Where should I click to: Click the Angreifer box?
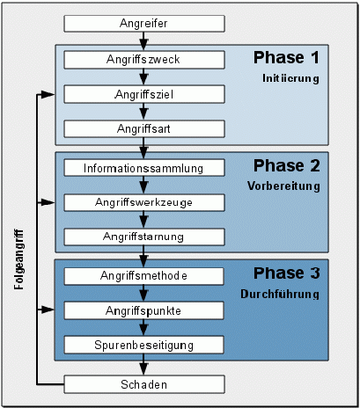tap(144, 24)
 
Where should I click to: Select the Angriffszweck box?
tap(144, 60)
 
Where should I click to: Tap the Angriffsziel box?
tap(144, 94)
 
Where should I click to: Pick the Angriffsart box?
tap(144, 128)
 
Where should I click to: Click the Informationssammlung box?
tap(144, 168)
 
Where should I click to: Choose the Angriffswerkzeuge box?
tap(144, 202)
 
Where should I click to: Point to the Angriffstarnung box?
tap(144, 237)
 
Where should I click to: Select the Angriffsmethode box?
tap(143, 276)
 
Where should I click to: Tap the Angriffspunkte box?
tap(143, 310)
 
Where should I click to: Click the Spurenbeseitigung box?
tap(143, 345)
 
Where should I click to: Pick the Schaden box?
tap(144, 384)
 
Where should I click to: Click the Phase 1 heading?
tap(286, 57)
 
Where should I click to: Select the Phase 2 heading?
tap(287, 165)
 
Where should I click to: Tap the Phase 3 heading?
tap(287, 273)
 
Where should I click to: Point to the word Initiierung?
tap(290, 78)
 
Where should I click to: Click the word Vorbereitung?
tap(283, 186)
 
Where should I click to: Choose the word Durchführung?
tap(280, 294)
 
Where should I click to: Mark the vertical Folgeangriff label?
tap(18, 259)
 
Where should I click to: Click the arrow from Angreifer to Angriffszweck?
tap(143, 41)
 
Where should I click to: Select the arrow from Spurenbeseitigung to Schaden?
tap(143, 364)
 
